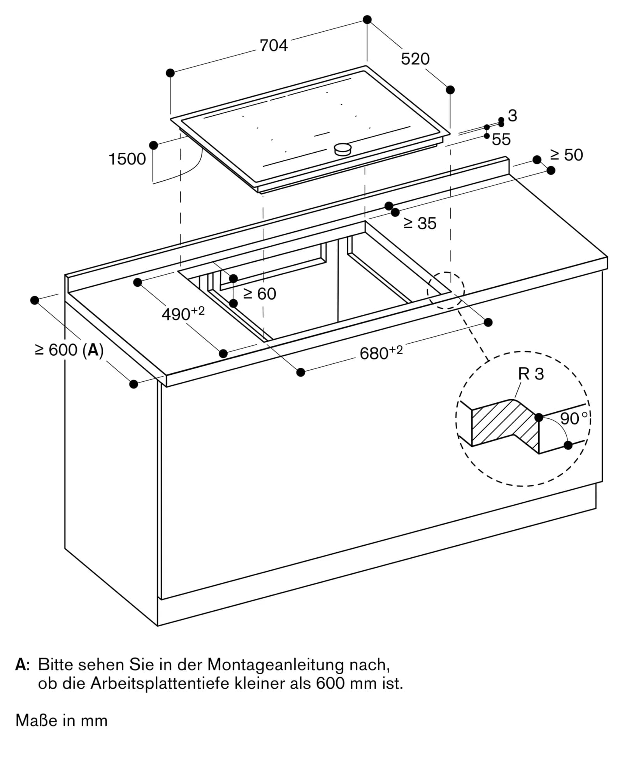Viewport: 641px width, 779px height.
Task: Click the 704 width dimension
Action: [274, 46]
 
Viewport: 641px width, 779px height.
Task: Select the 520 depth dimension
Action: [415, 59]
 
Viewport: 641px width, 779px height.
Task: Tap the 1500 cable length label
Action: [127, 159]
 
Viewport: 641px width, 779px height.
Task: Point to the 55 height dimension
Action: [501, 140]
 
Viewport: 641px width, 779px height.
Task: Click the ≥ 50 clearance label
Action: [566, 155]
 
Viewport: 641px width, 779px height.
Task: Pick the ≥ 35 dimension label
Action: [420, 224]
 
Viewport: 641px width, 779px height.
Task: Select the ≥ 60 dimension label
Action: [260, 294]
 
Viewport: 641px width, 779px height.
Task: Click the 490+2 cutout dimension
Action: [183, 314]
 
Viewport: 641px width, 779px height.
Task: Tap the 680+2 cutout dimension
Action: [381, 353]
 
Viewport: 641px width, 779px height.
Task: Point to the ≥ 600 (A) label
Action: [69, 350]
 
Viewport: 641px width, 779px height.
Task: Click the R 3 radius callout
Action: [531, 374]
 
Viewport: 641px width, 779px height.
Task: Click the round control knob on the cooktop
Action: [343, 149]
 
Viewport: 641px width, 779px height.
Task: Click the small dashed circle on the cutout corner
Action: [446, 291]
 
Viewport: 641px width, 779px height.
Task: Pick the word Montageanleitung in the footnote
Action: [276, 665]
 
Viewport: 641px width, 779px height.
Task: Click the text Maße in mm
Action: [61, 721]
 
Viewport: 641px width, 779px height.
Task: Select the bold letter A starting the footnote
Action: [20, 665]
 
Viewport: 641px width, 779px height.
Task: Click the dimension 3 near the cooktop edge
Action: [513, 116]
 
